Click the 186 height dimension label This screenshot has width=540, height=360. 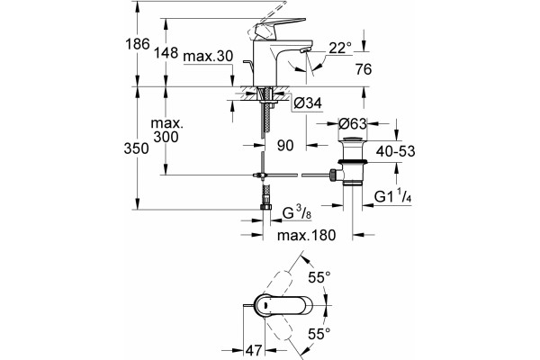click(138, 44)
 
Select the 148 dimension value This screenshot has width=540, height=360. click(166, 53)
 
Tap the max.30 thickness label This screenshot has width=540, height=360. click(208, 56)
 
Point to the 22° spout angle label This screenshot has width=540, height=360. click(340, 48)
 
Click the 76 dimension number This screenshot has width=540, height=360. click(364, 69)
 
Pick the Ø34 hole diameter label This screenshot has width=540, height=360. click(308, 103)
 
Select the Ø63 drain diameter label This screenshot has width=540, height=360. click(353, 123)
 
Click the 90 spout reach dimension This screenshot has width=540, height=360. click(285, 146)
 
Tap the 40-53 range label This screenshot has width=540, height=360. click(395, 151)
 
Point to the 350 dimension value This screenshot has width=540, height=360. click(137, 148)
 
